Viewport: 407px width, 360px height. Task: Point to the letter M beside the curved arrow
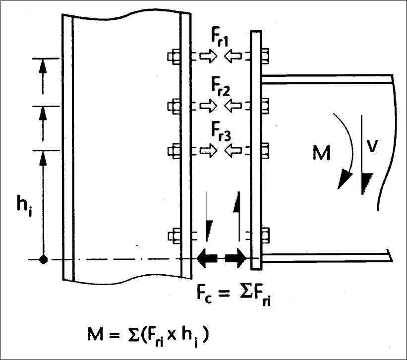pyautogui.click(x=322, y=154)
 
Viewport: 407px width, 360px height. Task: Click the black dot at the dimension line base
pyautogui.click(x=44, y=259)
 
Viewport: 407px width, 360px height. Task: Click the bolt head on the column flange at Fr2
pyautogui.click(x=174, y=106)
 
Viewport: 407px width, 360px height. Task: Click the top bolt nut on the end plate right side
pyautogui.click(x=265, y=57)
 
